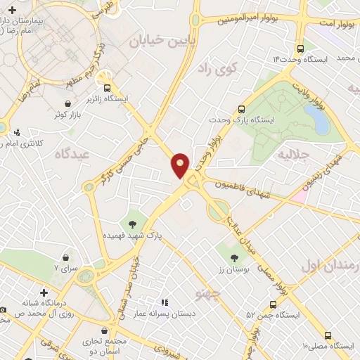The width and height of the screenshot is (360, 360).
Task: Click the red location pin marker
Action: point(181,165)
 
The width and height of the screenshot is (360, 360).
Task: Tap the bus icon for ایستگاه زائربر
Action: point(107,89)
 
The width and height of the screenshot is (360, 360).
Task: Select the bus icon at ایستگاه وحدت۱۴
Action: point(301,49)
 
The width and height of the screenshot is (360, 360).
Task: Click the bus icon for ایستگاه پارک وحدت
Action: point(241,109)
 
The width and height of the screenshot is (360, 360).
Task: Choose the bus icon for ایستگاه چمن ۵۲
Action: point(274,304)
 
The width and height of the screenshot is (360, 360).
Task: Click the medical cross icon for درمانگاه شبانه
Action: point(44,292)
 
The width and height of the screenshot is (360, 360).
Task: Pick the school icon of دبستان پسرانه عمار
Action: point(165,302)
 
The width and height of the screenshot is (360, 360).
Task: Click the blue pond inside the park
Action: point(321,121)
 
